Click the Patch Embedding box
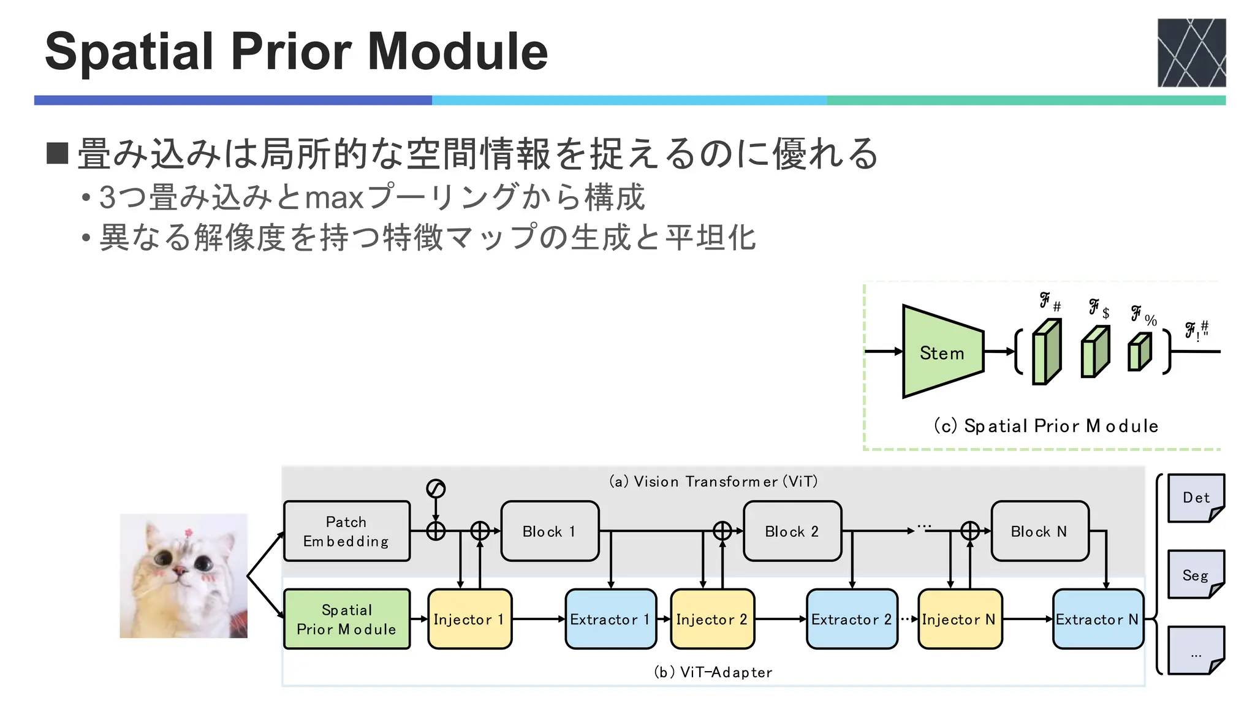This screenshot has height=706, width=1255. [347, 531]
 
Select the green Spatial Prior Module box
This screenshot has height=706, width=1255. [347, 619]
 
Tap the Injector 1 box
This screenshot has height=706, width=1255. [469, 619]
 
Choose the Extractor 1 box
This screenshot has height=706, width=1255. [610, 619]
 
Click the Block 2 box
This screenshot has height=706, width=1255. [792, 531]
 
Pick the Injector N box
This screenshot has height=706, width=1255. [960, 619]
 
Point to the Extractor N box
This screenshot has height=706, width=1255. [1098, 619]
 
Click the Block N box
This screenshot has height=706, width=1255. [1039, 531]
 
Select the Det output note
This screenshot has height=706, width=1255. [1196, 498]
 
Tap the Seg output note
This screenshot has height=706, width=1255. [1196, 574]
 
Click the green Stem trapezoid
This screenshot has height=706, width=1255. [942, 352]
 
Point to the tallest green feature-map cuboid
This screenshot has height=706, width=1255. [1046, 352]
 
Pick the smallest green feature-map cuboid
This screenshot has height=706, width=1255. [1139, 352]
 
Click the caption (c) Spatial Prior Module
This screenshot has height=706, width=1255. [1045, 426]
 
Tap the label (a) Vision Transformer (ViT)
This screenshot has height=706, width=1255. [713, 482]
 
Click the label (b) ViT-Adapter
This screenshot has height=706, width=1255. [713, 672]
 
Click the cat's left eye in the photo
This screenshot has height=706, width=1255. [163, 558]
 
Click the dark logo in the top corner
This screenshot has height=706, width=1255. [1191, 53]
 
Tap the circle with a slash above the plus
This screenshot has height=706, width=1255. [436, 488]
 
